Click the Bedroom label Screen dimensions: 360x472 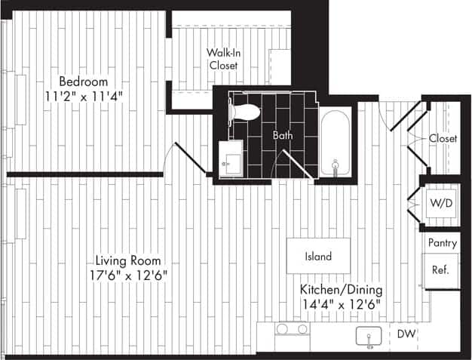coord(84,82)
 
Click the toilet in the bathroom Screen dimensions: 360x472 coord(244,112)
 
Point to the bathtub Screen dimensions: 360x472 coord(334,142)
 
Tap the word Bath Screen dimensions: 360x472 coord(283,137)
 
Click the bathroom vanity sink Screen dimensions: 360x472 coord(229,160)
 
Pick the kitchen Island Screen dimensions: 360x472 coord(318,257)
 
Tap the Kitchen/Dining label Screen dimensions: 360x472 coord(342,290)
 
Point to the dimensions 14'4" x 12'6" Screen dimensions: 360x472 coord(342,304)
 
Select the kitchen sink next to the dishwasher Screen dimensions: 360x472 coord(369,337)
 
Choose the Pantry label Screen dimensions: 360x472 coord(443,243)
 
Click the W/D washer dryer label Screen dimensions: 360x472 coord(441,203)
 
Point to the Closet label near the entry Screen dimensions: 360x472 coord(443,139)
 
